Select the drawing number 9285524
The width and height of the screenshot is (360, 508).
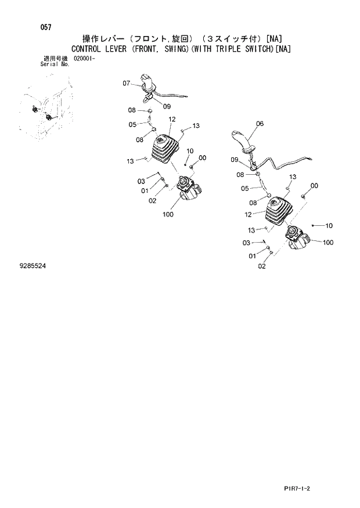tap(33, 265)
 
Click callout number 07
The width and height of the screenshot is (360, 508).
tap(127, 84)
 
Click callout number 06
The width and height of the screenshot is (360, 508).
tap(259, 124)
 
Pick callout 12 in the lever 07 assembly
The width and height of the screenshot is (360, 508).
tap(172, 119)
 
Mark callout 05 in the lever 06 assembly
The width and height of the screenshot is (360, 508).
tap(244, 188)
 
